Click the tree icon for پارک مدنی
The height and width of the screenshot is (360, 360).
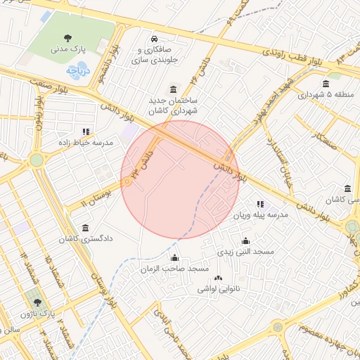67,38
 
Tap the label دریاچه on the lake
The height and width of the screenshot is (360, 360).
77,71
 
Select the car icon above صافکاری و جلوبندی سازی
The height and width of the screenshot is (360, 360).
155,38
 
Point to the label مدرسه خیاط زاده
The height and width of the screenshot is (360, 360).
86,143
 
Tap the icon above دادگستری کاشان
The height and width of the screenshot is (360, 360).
86,229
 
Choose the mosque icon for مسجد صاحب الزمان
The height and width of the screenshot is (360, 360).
175,258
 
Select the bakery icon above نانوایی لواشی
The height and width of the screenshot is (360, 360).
218,278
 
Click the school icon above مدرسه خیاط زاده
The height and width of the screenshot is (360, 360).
86,131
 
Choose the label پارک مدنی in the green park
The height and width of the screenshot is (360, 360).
68,50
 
